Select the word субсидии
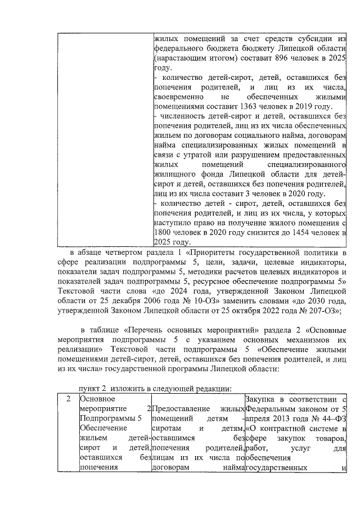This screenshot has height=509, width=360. pyautogui.click(x=313, y=38)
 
